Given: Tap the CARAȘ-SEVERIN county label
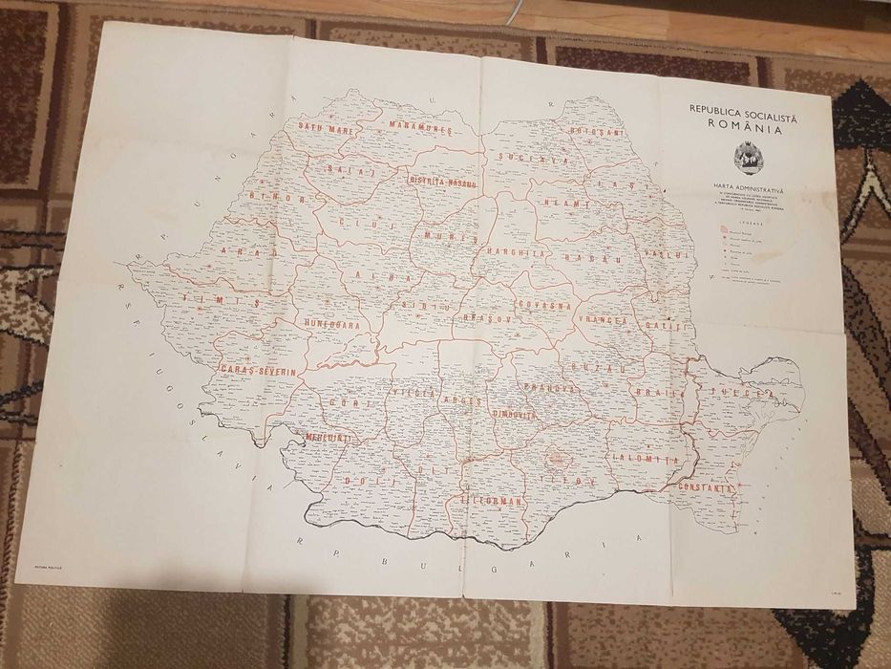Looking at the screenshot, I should [260, 369].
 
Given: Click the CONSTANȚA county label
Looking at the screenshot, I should [705, 487].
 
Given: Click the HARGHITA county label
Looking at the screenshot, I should [516, 254].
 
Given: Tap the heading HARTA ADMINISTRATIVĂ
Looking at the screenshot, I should [748, 189].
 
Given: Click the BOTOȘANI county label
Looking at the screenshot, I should [597, 131].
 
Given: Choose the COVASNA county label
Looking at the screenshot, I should [544, 305].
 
